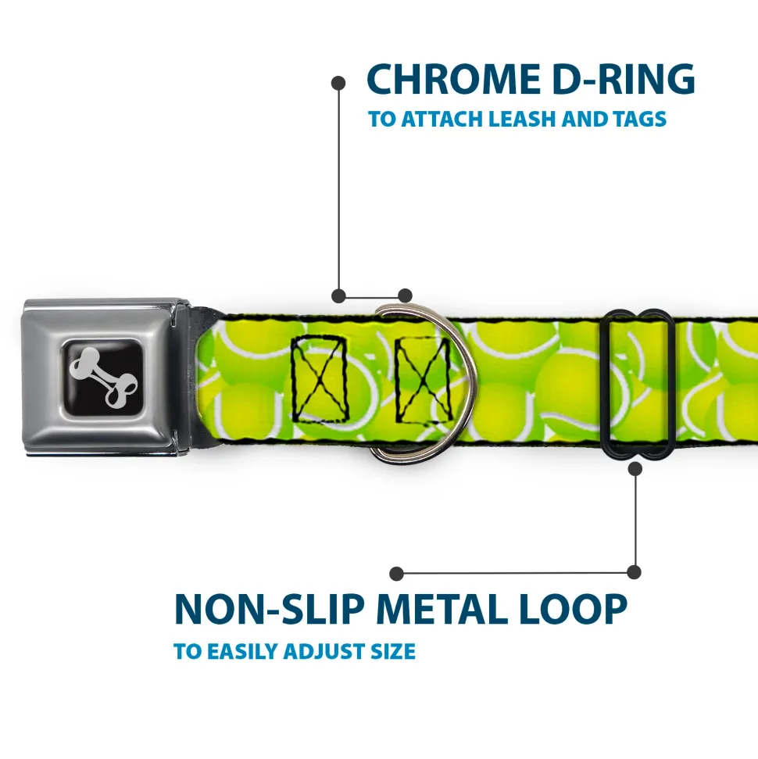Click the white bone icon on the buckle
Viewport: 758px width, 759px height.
point(104,377)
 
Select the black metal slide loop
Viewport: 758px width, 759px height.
point(636,385)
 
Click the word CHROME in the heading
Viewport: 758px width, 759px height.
point(453,78)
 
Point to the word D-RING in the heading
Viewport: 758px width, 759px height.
point(624,78)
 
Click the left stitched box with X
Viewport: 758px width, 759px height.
point(320,379)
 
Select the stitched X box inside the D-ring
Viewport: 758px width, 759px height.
point(424,379)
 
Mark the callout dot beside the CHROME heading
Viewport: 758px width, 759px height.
point(338,83)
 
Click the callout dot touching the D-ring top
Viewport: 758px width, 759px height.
point(405,295)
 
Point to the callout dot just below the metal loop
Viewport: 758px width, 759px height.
point(635,468)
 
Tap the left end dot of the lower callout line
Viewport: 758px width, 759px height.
point(396,574)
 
